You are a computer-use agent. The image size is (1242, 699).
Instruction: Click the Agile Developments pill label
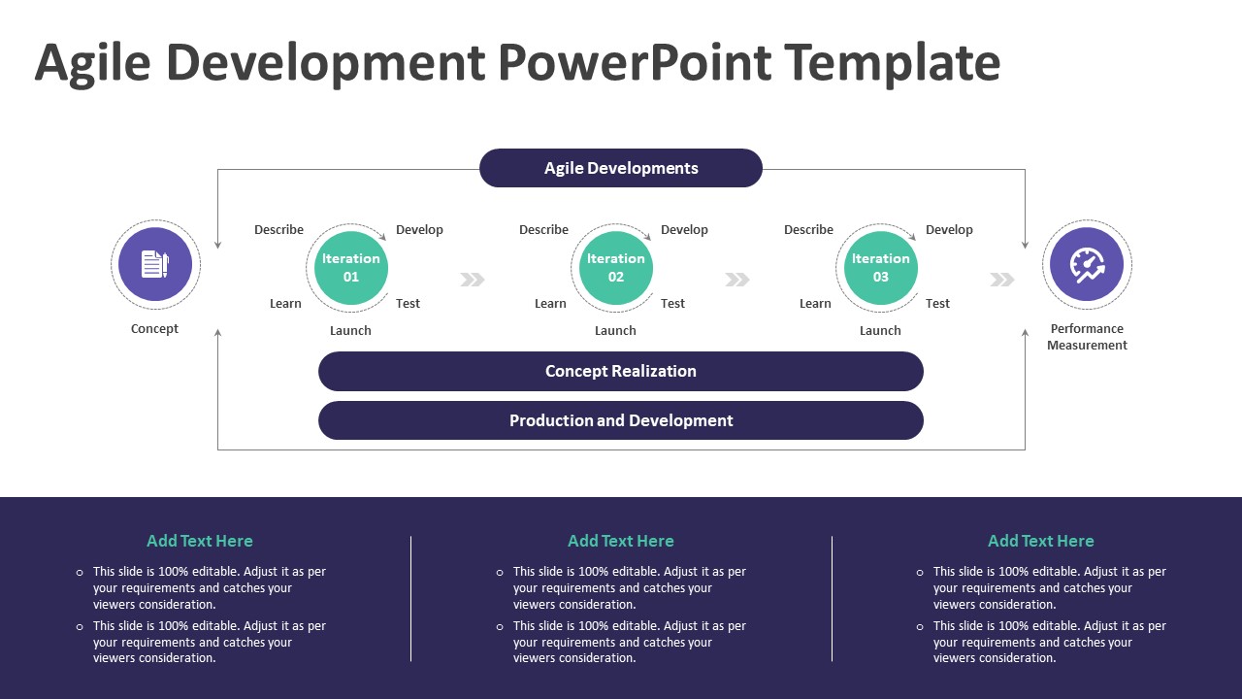click(x=621, y=168)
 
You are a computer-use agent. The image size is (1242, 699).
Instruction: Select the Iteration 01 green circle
click(x=351, y=268)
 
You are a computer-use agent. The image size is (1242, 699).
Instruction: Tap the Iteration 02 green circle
click(x=616, y=268)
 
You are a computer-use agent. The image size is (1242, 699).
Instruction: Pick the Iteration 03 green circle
click(x=881, y=268)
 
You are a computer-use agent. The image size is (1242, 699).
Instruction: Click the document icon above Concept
click(x=155, y=264)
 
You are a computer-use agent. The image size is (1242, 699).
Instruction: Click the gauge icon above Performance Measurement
click(x=1087, y=264)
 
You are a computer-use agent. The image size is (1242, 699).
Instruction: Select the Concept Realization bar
click(x=621, y=371)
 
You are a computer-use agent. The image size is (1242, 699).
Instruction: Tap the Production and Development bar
click(x=621, y=420)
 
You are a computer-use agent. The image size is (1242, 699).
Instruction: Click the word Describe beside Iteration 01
click(x=278, y=230)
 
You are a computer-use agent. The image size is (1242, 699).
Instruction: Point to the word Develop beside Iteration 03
click(x=949, y=230)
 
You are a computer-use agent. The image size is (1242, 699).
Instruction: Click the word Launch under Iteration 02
click(x=615, y=330)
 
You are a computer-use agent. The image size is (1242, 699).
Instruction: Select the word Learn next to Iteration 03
click(x=815, y=304)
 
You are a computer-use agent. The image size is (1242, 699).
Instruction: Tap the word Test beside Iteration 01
click(x=408, y=304)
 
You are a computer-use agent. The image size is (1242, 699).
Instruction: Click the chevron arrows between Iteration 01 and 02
click(x=473, y=280)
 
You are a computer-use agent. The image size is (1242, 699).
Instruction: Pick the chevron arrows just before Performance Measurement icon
click(x=1002, y=280)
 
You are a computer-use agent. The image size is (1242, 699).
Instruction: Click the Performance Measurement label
click(x=1087, y=337)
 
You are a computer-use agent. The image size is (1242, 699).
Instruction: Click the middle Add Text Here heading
click(x=621, y=541)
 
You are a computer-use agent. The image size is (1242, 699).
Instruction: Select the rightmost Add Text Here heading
click(x=1041, y=541)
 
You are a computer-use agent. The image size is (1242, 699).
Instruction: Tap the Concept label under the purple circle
click(x=155, y=329)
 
